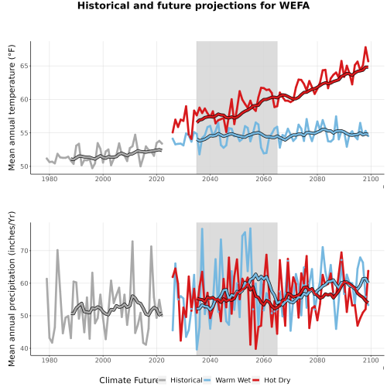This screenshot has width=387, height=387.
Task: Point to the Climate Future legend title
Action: (128, 380)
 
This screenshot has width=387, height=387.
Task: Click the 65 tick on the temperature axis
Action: (24, 66)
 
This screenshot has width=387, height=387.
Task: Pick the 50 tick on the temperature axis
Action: (24, 166)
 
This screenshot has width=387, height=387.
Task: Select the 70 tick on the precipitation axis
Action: (24, 251)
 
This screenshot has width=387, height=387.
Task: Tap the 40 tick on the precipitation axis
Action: (24, 348)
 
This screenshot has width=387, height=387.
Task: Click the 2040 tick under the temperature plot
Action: (210, 179)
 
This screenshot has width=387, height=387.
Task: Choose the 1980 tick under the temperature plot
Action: (50, 179)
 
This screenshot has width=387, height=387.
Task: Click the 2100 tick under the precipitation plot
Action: (371, 360)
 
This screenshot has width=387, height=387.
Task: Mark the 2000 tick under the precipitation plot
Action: (103, 360)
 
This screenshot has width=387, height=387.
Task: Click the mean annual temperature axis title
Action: (12, 108)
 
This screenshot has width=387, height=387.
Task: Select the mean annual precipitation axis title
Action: (12, 289)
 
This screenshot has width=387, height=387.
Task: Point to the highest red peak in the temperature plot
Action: (365, 47)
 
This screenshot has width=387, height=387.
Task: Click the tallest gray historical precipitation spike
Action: (132, 241)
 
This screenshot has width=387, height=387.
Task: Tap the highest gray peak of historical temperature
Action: (135, 135)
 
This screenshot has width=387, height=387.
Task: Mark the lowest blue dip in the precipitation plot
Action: (197, 350)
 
